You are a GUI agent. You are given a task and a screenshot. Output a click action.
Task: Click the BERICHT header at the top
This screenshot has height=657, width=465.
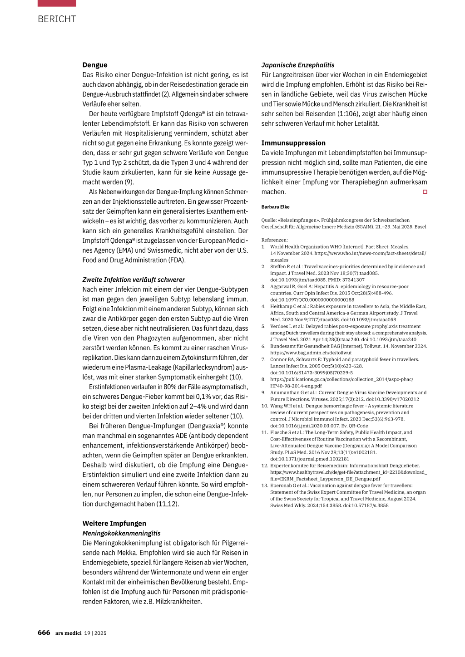pos(57,19)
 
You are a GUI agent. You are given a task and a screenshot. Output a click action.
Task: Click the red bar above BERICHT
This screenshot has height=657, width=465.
pos(57,3)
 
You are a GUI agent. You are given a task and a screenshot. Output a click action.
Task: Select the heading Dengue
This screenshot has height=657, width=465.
pos(95,65)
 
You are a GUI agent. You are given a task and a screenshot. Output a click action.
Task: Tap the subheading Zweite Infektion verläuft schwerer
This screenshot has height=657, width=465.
pos(134,279)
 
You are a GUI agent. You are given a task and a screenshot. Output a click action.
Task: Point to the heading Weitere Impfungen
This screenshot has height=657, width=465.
pos(114,523)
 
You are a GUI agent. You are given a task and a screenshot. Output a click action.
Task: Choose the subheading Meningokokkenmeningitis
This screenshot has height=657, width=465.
pos(121,533)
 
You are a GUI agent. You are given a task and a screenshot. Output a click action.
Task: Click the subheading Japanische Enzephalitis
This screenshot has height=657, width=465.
pos(298,65)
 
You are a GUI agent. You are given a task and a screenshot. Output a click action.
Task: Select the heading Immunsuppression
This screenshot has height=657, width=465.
pos(293,143)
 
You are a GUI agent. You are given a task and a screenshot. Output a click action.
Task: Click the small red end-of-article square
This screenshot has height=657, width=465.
pos(425,192)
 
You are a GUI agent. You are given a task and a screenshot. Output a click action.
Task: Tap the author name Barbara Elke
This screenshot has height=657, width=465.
pos(275,207)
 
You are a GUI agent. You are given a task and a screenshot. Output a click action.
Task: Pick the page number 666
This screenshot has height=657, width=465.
pos(44,632)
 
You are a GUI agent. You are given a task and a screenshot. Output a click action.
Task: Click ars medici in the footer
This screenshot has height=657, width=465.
pos(68,633)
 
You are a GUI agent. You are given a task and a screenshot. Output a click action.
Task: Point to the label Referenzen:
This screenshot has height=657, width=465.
pos(274,240)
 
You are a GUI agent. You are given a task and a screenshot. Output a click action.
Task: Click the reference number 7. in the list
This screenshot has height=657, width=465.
pos(264,359)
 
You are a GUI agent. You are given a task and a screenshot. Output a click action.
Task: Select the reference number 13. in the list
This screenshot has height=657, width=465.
pos(265,485)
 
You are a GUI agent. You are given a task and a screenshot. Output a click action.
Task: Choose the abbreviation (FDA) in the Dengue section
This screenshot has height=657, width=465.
pos(176,260)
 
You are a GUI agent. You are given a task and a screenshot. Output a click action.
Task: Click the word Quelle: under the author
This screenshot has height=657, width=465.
pos(268,220)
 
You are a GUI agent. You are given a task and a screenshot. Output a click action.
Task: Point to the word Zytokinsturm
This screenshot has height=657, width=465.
pos(203,358)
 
